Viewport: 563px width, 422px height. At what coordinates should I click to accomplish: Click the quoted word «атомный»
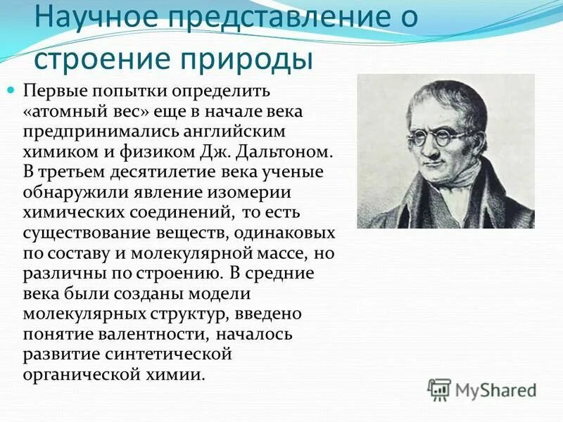coord(72,112)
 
